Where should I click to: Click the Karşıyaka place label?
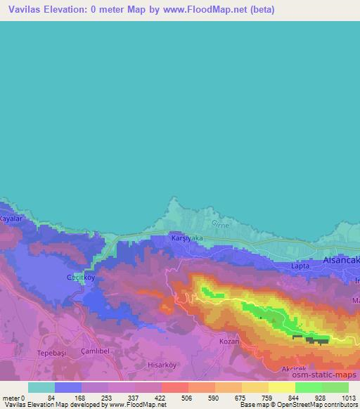coord(187,239)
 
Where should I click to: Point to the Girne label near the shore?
coord(220,224)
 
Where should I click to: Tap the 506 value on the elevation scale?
coord(175,397)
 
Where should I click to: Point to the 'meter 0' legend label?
coord(13,397)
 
